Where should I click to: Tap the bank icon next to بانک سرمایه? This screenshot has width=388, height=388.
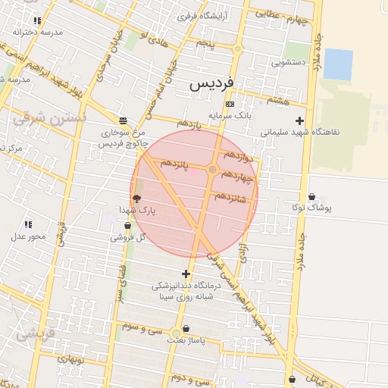230,104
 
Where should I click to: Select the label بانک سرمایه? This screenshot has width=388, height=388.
230,115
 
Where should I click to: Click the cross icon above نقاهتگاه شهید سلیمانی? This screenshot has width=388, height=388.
300,120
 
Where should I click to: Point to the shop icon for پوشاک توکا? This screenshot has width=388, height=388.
312,197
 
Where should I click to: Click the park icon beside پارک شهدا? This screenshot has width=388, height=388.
136,198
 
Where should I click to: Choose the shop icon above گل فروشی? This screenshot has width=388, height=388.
127,225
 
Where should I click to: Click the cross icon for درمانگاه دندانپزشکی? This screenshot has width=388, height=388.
186,274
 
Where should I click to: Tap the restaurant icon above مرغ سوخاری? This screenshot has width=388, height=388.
123,120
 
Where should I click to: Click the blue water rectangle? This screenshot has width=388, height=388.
338,64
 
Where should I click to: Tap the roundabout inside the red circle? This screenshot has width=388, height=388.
213,170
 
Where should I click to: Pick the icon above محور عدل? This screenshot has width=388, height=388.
28,224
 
